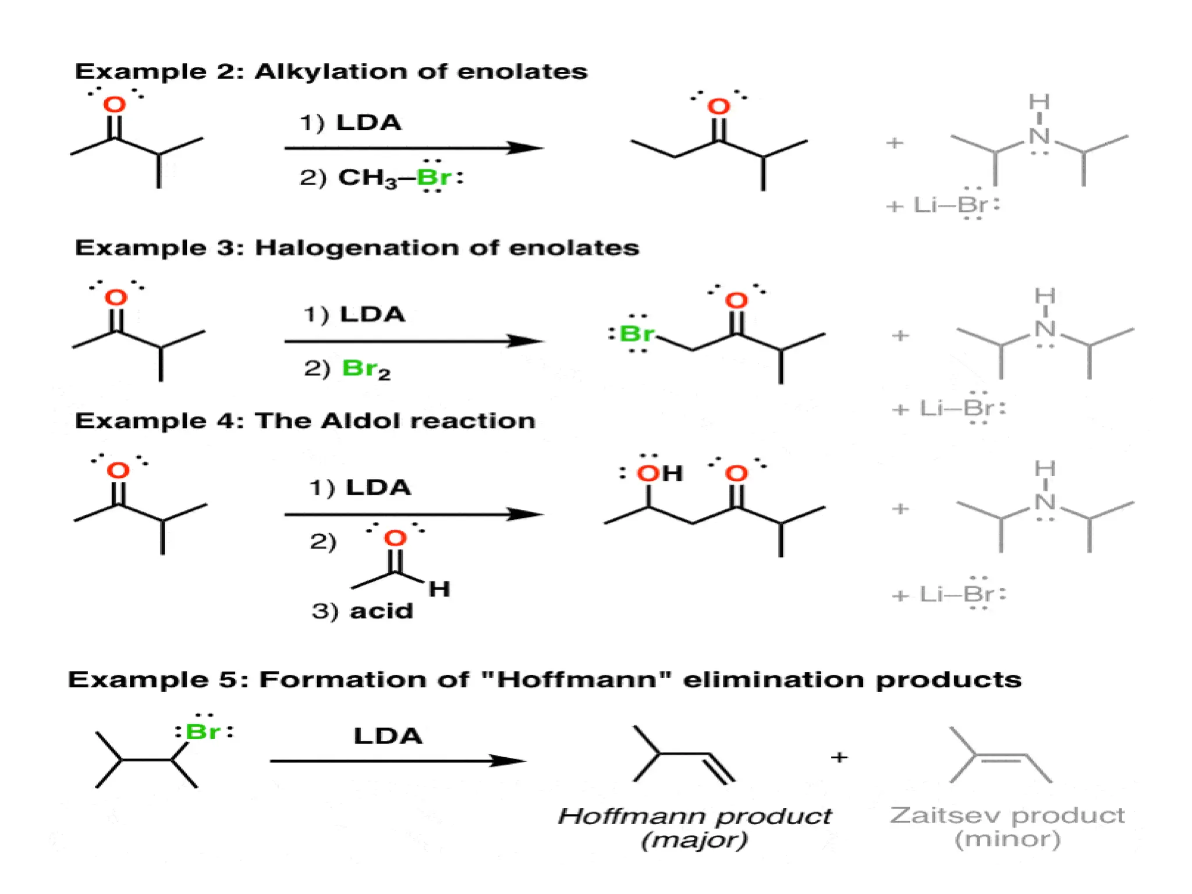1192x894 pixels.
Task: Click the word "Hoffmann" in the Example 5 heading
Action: click(577, 680)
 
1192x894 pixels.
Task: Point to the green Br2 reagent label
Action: click(366, 369)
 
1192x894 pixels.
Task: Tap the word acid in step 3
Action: click(381, 611)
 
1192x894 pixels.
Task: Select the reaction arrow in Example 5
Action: click(398, 761)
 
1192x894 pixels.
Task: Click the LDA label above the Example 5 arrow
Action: click(388, 736)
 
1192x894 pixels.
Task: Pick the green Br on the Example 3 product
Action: click(637, 334)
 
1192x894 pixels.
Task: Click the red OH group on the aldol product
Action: click(659, 474)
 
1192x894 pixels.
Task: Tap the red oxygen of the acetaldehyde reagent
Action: click(395, 538)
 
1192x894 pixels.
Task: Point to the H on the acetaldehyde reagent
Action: click(439, 590)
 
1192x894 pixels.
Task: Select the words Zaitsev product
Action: click(1007, 815)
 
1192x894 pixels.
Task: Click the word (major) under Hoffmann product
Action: click(694, 840)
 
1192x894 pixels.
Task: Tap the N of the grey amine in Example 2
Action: click(1039, 136)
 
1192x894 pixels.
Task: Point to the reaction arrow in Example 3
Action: click(413, 341)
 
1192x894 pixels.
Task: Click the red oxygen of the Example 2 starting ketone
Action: click(115, 105)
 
